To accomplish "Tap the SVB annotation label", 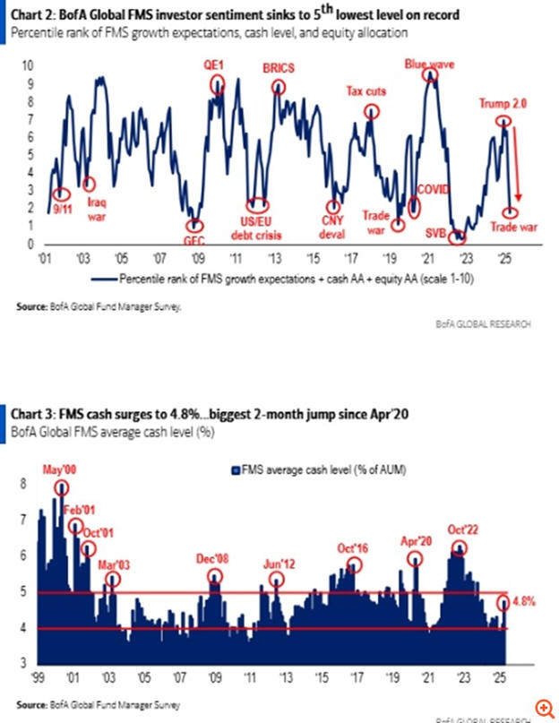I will pos(437,236).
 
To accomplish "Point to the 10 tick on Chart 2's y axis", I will pos(28,66).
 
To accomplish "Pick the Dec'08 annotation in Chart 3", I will pos(214,558).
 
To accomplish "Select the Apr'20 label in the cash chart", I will pos(415,541).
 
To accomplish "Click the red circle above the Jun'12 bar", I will pos(277,579).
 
